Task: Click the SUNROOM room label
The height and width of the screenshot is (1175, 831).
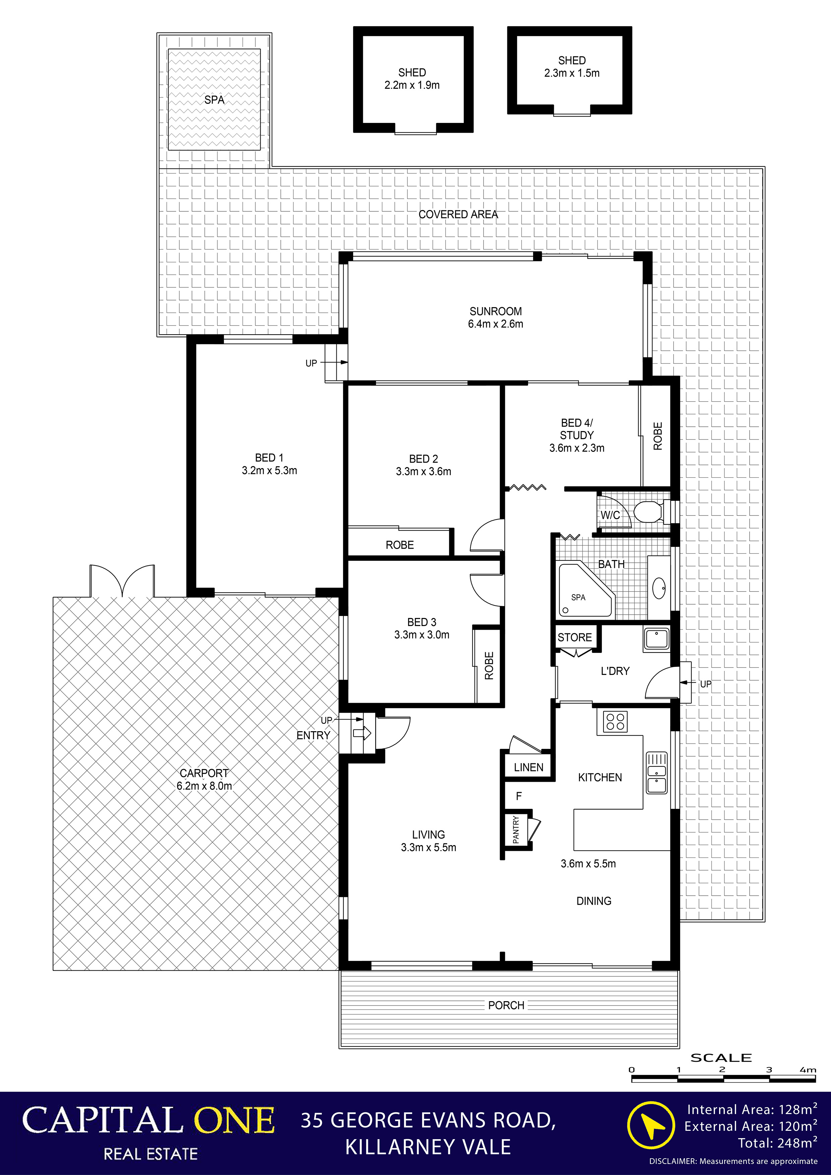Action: [496, 311]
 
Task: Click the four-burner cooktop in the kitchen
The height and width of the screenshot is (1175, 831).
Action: [615, 721]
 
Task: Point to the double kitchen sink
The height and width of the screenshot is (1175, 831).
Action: [656, 772]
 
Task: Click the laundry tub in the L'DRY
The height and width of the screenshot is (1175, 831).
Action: [656, 639]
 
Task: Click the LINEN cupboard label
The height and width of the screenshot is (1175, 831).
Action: [528, 767]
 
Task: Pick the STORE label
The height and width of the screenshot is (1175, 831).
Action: [574, 637]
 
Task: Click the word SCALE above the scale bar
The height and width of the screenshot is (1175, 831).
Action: [721, 1058]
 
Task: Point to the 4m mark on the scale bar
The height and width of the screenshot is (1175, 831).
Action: [808, 1069]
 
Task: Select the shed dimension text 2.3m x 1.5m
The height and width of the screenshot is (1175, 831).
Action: [572, 73]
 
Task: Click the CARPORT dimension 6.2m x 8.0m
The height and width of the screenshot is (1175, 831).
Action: [204, 785]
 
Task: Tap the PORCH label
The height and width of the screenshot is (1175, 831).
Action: [506, 1005]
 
